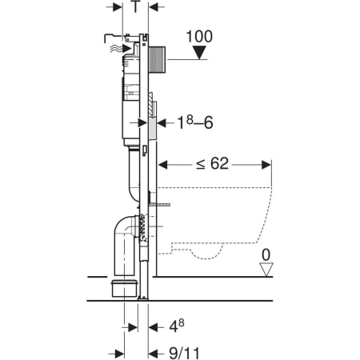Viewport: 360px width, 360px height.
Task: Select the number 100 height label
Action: [x=198, y=37]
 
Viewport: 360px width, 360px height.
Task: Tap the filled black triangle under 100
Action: [x=199, y=54]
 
